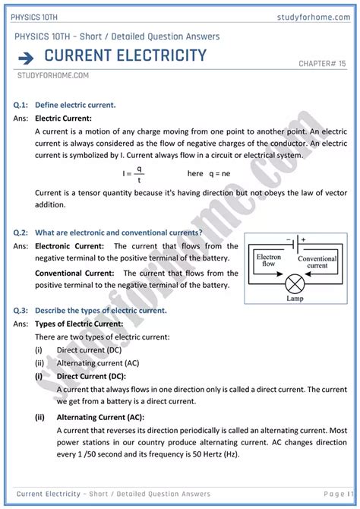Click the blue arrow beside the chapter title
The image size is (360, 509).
(x=25, y=57)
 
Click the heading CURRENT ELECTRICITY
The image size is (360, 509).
(x=125, y=55)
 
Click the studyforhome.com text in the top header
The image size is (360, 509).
(x=314, y=17)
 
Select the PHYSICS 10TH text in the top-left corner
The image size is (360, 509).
(x=36, y=17)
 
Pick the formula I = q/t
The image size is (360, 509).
(x=134, y=174)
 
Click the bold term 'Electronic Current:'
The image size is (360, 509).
(x=71, y=246)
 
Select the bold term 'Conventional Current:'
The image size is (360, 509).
(x=75, y=273)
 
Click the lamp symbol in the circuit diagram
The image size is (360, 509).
(x=295, y=285)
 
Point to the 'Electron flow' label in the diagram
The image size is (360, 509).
(x=270, y=261)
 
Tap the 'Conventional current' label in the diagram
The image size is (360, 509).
(x=317, y=262)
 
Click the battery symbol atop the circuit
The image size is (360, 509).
(x=296, y=245)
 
